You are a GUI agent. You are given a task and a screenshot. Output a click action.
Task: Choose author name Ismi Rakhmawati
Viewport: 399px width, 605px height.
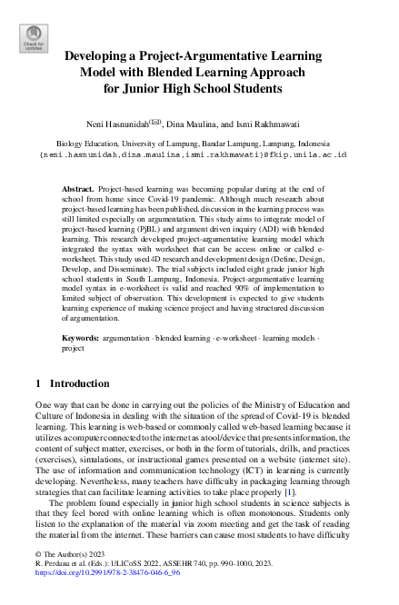(x=274, y=123)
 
